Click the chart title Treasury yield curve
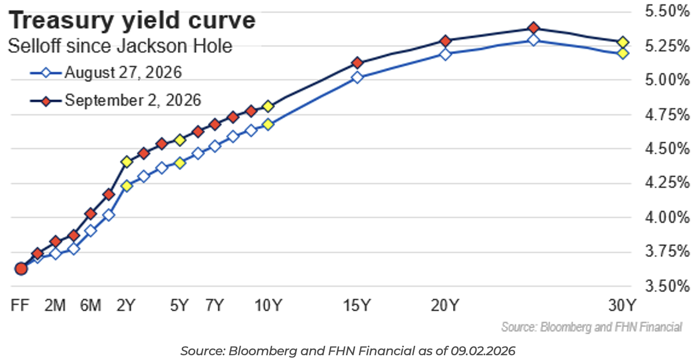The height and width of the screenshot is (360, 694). (x=132, y=21)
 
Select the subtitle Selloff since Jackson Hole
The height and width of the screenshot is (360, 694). (x=120, y=46)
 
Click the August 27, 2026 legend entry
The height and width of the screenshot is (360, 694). (x=106, y=73)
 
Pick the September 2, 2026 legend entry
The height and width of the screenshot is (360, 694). (x=116, y=101)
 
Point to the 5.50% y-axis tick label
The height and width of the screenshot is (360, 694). (x=667, y=11)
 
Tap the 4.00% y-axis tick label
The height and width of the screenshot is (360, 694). (x=667, y=217)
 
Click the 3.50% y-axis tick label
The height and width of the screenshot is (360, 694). (x=667, y=286)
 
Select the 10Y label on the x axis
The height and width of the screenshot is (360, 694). (x=268, y=306)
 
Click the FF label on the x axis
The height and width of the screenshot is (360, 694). (x=20, y=306)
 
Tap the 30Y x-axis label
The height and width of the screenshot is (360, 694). (x=622, y=306)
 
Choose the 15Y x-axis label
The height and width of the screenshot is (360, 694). (x=357, y=306)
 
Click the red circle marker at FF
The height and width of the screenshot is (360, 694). (x=21, y=269)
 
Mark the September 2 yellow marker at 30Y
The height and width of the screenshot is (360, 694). (x=623, y=42)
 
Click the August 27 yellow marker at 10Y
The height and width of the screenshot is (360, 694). (x=268, y=125)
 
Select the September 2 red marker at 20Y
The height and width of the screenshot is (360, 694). (x=445, y=41)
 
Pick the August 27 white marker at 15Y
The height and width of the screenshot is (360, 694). (x=357, y=77)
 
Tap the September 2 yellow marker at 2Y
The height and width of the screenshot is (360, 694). (x=126, y=162)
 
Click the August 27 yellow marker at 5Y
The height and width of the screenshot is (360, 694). (x=180, y=163)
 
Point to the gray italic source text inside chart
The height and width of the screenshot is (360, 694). (x=591, y=327)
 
